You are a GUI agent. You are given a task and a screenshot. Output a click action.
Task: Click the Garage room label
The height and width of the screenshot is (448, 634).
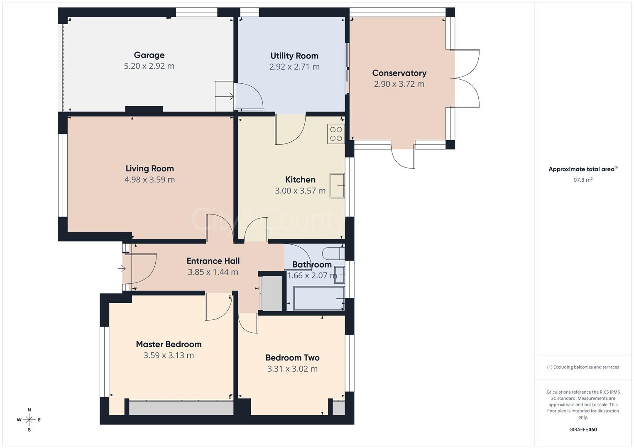coord(149,55)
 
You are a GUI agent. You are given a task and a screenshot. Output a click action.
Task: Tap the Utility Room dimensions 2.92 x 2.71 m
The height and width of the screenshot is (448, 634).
coord(294,67)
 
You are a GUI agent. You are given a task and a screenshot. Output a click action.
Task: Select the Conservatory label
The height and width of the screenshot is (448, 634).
coord(399,73)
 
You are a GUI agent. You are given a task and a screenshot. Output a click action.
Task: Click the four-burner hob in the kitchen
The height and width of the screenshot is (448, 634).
coord(336,134)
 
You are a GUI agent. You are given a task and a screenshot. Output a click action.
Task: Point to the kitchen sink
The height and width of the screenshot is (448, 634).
coord(337,185)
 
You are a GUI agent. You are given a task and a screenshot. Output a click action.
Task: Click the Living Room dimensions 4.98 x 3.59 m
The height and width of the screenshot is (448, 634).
coord(149,180)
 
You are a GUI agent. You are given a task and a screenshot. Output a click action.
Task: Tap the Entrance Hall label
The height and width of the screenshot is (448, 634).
coord(213,261)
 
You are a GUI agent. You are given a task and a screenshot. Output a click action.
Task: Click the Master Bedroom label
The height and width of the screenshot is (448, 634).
coord(169,344)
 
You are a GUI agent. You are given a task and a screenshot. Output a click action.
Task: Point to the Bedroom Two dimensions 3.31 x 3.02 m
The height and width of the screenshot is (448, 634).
coord(292,369)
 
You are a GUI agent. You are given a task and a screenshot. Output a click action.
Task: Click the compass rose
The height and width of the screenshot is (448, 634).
coord(29,420)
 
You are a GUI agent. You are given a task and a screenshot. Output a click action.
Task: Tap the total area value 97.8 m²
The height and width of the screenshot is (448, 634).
coord(583,180)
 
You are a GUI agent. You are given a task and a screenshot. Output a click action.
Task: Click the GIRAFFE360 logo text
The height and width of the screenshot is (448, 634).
coord(583,430)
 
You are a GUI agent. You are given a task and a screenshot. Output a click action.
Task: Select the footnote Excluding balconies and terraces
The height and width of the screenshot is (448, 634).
coord(583,367)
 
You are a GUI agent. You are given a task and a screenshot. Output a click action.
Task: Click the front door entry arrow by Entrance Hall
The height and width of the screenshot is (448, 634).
coord(121,269)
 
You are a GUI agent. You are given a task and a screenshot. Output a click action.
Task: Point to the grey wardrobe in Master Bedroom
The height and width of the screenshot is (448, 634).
coord(181,408)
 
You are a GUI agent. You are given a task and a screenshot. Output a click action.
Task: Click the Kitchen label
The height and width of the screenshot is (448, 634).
coord(300,180)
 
